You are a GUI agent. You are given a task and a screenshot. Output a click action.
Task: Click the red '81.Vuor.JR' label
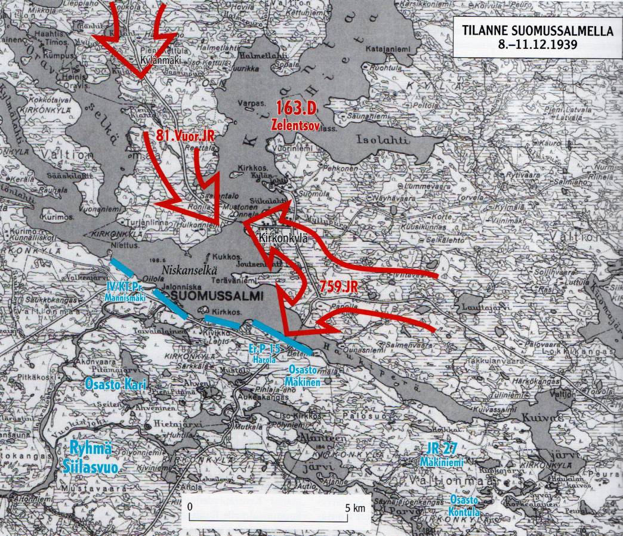184,135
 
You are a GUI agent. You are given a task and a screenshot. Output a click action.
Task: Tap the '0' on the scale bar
190,507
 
